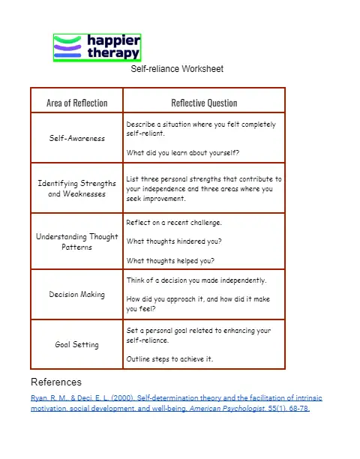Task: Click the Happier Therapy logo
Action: tap(97, 47)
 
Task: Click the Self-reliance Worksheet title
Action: tap(177, 69)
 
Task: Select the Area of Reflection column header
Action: tap(76, 103)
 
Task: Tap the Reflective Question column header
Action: tap(204, 103)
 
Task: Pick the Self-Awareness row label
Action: tap(76, 138)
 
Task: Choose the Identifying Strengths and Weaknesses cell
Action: tap(76, 188)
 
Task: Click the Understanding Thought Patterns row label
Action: tap(76, 241)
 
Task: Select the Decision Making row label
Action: tap(76, 295)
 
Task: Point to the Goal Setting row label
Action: tap(76, 345)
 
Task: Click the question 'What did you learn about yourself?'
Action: tap(183, 153)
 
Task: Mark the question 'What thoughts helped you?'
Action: tap(170, 261)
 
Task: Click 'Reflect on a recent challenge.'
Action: tap(174, 223)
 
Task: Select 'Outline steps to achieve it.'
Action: tap(169, 358)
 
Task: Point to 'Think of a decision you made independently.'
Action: tap(196, 280)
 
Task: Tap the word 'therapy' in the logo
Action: tap(113, 53)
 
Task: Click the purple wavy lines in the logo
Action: tap(67, 48)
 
